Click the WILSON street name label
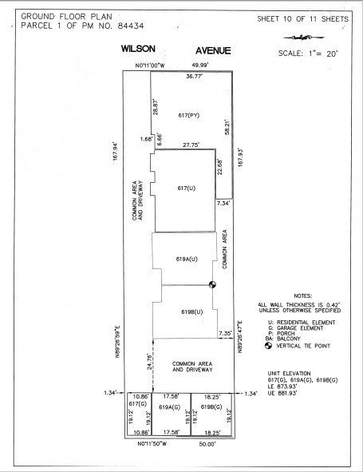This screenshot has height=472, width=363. pyautogui.click(x=137, y=50)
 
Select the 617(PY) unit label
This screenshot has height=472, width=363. pyautogui.click(x=189, y=116)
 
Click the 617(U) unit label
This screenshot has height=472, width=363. pyautogui.click(x=186, y=188)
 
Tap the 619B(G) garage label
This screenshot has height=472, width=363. pyautogui.click(x=212, y=407)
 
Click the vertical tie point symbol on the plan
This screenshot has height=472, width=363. pyautogui.click(x=213, y=284)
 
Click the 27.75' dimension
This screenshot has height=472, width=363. pyautogui.click(x=189, y=145)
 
